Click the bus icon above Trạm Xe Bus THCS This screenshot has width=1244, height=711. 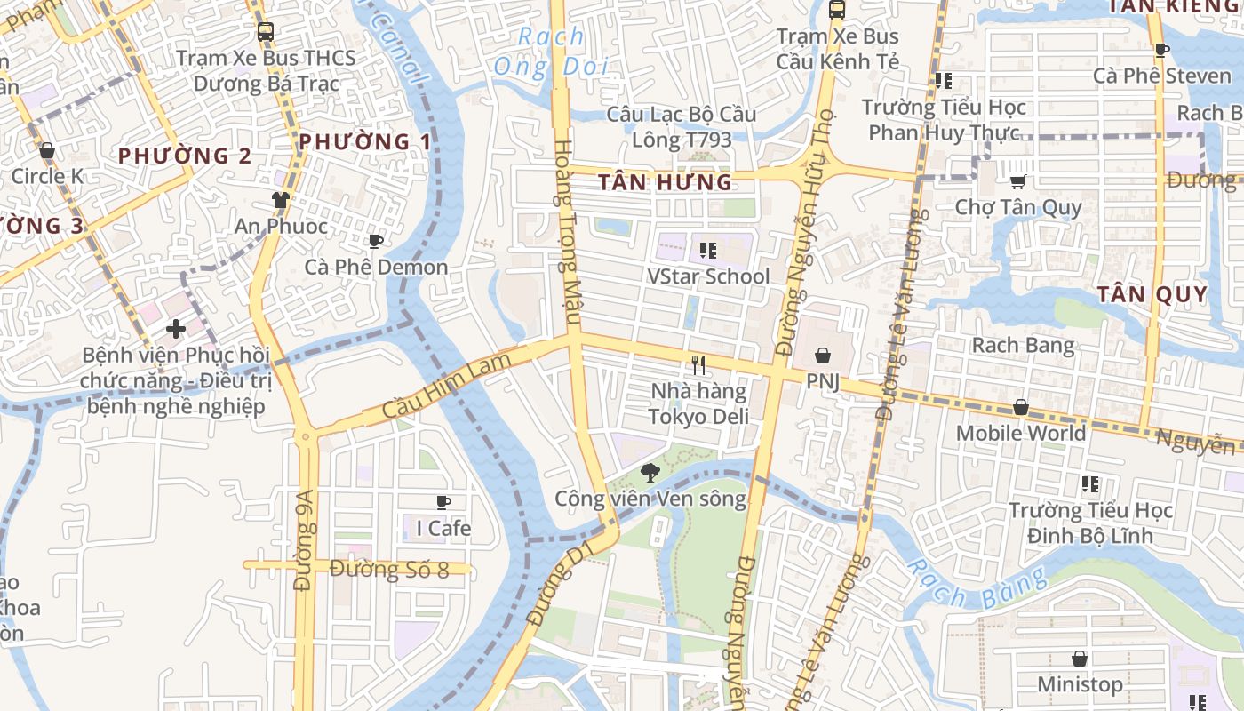point(265,32)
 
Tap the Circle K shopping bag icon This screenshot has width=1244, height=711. point(47,150)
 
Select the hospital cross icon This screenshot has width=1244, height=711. point(175,329)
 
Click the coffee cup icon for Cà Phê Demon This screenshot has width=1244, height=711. point(376,241)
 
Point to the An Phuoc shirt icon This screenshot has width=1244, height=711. point(281,200)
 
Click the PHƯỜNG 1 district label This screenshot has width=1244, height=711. point(364,141)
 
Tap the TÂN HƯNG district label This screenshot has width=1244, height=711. point(665,183)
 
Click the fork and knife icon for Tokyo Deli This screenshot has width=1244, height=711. point(698,364)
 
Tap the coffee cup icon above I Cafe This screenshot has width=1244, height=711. point(443,502)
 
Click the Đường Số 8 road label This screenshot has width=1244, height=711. point(389,569)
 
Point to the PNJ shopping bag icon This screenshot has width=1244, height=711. point(823,355)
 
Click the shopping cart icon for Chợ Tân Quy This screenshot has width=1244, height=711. point(1017,181)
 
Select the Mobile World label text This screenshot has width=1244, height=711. point(1020,433)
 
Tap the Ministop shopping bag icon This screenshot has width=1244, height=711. point(1080,659)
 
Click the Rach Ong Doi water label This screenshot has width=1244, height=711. point(551,52)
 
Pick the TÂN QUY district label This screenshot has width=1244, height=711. point(1152,294)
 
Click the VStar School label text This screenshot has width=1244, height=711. point(708,276)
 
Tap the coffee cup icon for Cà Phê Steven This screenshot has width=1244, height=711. point(1160,50)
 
